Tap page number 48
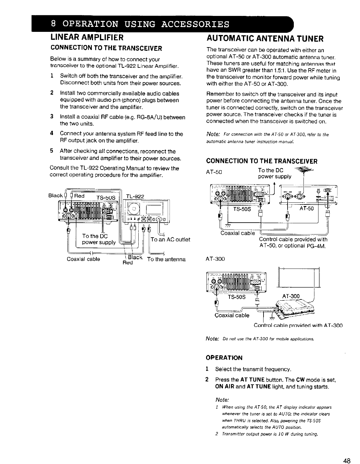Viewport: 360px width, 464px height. coord(346,452)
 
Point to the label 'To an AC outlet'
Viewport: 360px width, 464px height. coord(170,239)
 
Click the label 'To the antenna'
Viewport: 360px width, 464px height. coord(166,259)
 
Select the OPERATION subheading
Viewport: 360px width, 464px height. coord(224,357)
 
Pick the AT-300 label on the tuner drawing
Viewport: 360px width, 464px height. coord(291,296)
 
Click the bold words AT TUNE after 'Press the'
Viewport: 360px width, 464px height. coord(251,380)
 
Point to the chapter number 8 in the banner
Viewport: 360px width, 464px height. coord(53,24)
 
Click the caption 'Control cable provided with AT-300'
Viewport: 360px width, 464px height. coord(298,325)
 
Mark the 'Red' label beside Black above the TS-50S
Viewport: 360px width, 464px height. coord(79,196)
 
